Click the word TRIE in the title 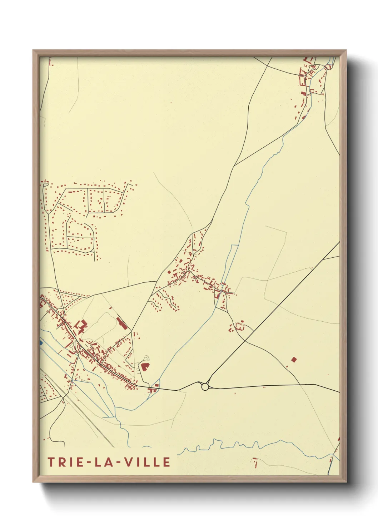click(64, 462)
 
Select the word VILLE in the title click(147, 462)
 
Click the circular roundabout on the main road click(205, 386)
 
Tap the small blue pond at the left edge click(41, 342)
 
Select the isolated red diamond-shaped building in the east click(294, 359)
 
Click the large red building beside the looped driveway click(145, 366)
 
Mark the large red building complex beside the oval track click(81, 326)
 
